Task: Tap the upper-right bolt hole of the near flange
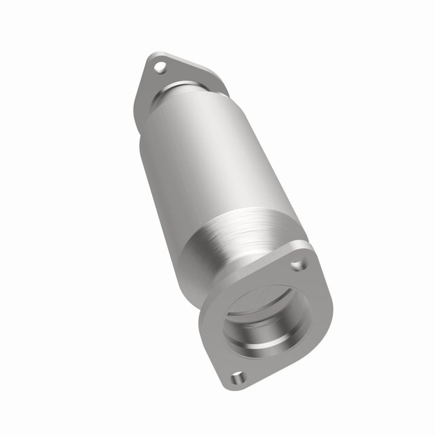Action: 297,265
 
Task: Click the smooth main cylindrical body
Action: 199,163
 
